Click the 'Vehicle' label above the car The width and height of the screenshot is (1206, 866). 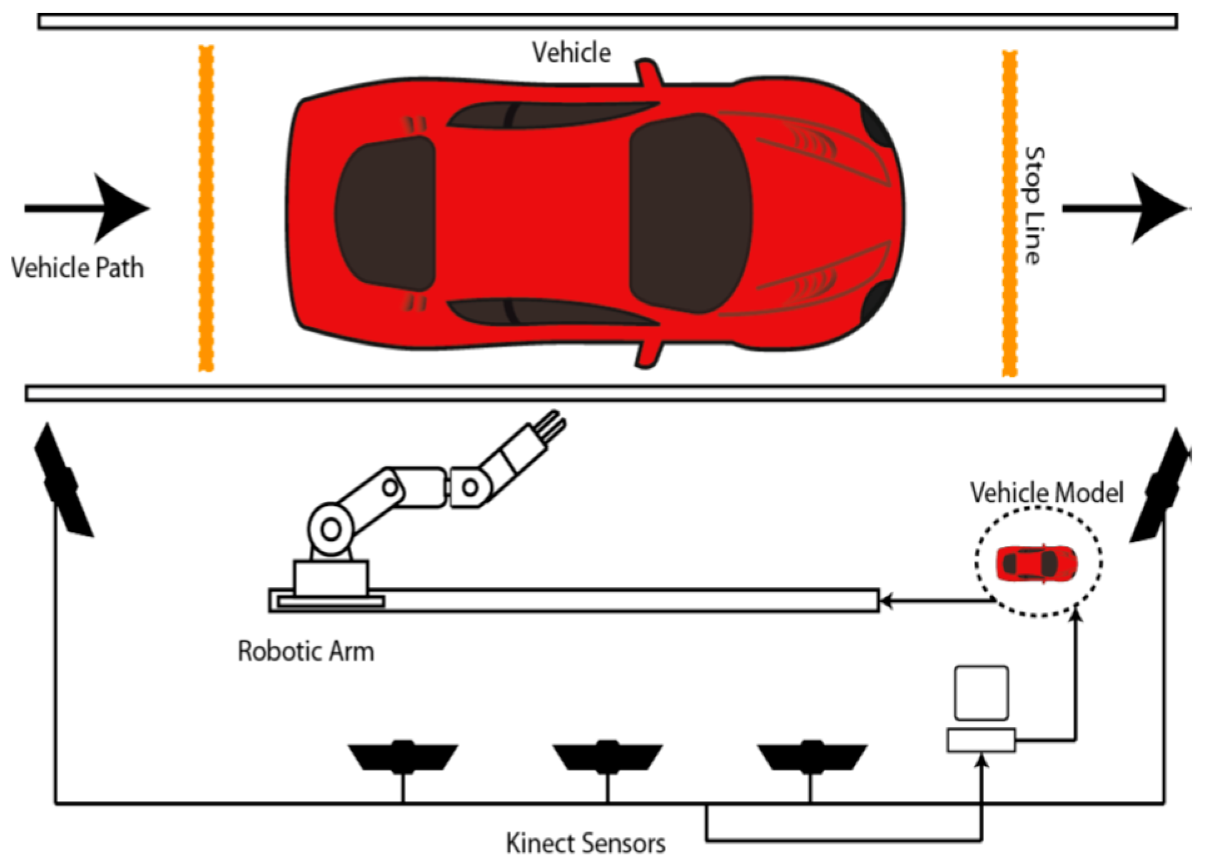click(570, 53)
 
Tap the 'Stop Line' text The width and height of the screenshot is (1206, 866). click(1033, 206)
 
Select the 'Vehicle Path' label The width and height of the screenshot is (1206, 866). click(78, 268)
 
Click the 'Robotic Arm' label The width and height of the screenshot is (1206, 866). click(306, 651)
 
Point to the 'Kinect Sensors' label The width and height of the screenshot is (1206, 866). click(585, 843)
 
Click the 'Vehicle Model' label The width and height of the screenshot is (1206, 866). click(1046, 493)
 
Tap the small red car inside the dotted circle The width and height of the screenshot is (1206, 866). click(1036, 563)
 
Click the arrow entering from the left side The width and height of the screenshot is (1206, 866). click(88, 208)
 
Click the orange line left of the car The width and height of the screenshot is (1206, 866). click(206, 208)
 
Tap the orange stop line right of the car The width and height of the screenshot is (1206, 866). click(1009, 213)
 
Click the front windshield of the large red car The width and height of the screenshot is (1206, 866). click(689, 213)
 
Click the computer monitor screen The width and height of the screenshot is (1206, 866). click(981, 692)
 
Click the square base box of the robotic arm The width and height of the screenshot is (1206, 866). click(331, 577)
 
